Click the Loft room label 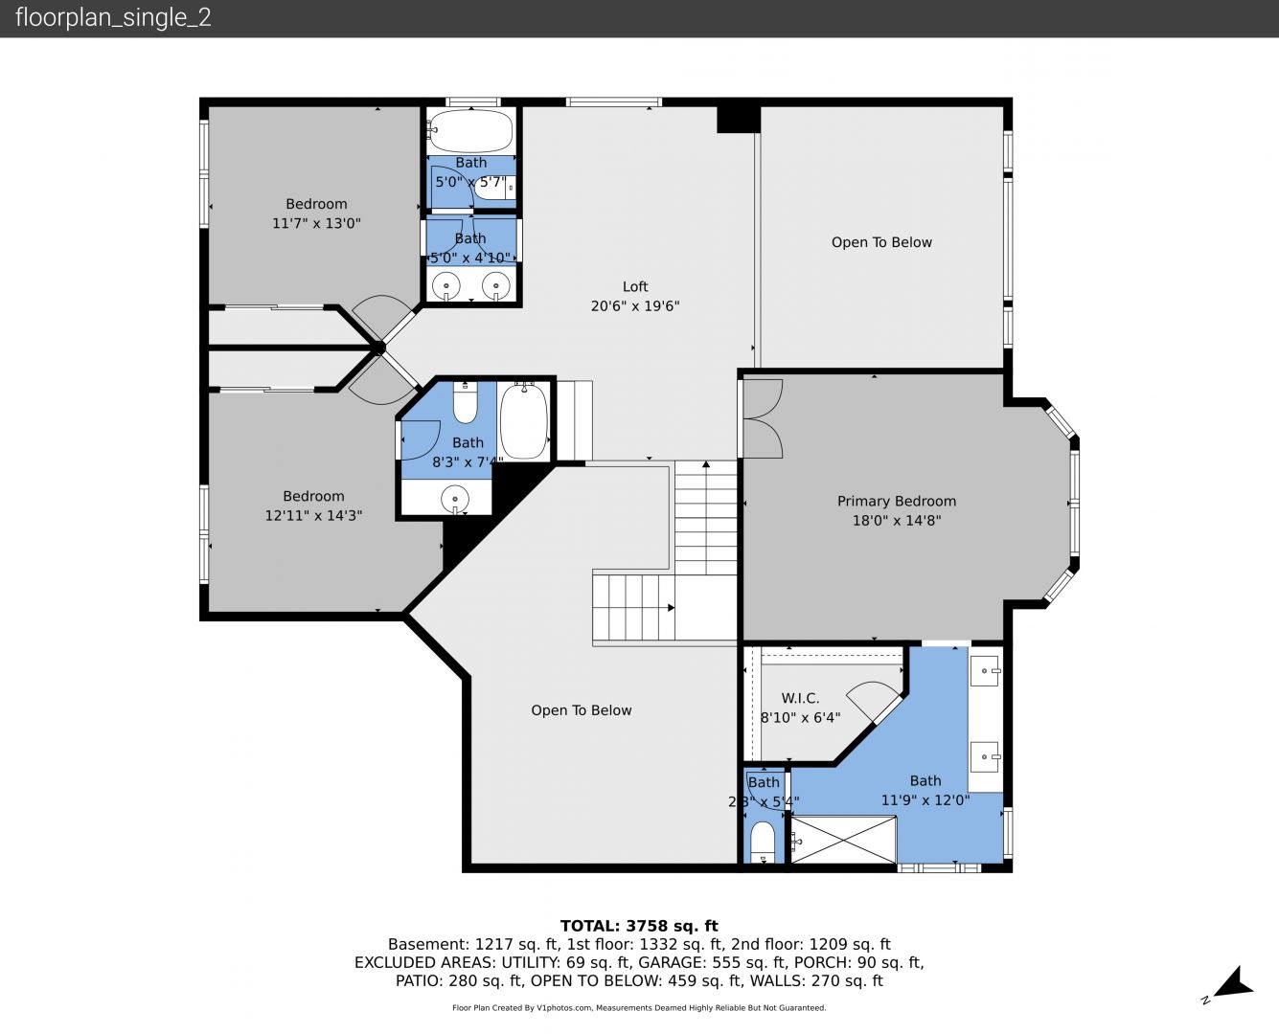(635, 286)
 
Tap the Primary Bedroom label (897, 501)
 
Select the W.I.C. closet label (800, 698)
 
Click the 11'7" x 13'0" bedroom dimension (316, 223)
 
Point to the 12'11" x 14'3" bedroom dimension (313, 515)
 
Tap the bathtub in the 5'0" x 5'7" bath (471, 131)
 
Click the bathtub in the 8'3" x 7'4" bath (524, 421)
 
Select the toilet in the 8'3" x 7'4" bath (465, 402)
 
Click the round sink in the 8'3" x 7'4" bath (455, 499)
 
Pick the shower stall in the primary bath (843, 839)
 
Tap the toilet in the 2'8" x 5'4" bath (763, 842)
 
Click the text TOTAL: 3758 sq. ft (639, 926)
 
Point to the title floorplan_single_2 (113, 17)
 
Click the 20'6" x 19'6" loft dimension (635, 306)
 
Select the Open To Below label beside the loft (881, 242)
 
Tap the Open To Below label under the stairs (582, 710)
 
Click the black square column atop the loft (739, 120)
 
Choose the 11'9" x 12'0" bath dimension (925, 800)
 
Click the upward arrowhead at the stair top (706, 464)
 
